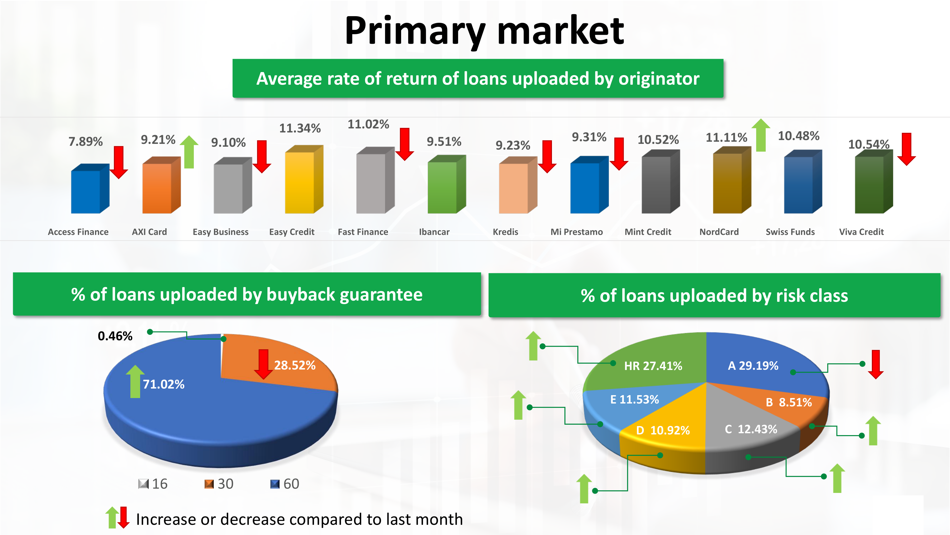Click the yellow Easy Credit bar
coord(304,180)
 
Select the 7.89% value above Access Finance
coord(85,141)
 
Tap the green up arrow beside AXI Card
coord(189,152)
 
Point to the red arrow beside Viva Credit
coord(907,149)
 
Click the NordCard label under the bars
coord(719,232)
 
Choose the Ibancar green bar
coord(446,184)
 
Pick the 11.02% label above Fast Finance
coord(368,124)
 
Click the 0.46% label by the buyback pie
coord(115,336)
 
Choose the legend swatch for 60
coord(275,484)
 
